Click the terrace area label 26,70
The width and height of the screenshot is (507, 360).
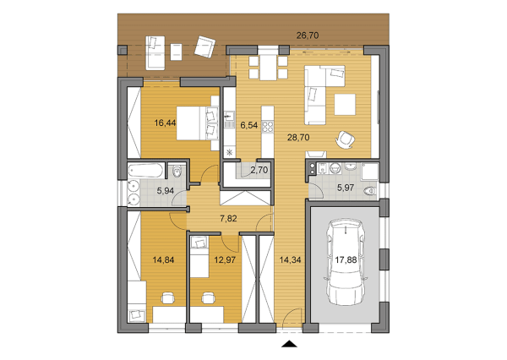point(308,35)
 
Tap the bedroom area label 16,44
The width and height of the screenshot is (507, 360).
point(165,123)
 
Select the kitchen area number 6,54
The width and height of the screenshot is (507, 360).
point(249,125)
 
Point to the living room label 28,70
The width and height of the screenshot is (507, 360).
point(298,138)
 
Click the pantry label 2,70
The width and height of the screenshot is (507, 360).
point(259,170)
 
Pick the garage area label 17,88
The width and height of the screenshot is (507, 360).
point(346,259)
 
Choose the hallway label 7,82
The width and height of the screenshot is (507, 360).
point(228,219)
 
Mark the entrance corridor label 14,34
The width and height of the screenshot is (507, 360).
point(290,259)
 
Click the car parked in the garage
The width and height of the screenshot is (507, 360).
point(346,262)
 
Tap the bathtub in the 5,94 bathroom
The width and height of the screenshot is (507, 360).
point(145,171)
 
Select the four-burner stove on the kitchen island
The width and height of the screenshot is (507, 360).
point(267,126)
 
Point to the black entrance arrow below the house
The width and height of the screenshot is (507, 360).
point(289,344)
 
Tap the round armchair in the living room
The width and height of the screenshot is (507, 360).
point(345,139)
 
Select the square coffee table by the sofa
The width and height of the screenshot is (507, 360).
point(345,105)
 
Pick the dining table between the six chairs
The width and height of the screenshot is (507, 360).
point(269,68)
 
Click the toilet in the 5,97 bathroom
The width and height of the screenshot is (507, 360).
point(370,192)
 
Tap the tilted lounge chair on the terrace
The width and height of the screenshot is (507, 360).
point(204,46)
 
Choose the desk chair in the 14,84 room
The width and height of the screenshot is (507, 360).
point(168,298)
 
